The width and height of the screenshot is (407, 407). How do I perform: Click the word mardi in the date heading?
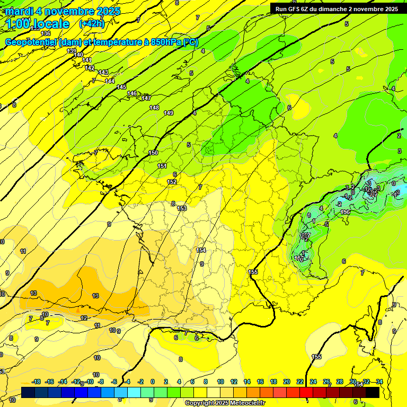click(x=23, y=11)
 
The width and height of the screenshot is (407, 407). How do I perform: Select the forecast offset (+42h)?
click(x=91, y=24)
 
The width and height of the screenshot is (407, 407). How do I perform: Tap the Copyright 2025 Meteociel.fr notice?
click(x=225, y=403)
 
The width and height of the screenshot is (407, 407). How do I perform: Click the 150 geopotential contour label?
click(x=153, y=153)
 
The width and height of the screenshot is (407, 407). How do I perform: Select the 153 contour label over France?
click(x=182, y=209)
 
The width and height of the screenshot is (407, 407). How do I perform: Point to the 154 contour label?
click(x=201, y=250)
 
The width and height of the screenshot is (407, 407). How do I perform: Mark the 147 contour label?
click(x=146, y=98)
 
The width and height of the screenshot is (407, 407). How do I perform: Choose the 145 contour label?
click(x=121, y=87)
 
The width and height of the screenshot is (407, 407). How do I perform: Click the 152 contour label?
click(x=172, y=182)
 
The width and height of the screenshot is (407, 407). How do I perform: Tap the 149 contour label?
click(x=169, y=113)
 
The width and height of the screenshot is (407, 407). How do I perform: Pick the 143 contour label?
click(x=103, y=73)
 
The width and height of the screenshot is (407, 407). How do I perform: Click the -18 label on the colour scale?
click(x=36, y=382)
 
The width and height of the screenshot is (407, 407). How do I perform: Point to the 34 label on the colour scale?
click(x=379, y=382)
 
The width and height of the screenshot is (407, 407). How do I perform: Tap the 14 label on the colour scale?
click(x=246, y=382)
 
